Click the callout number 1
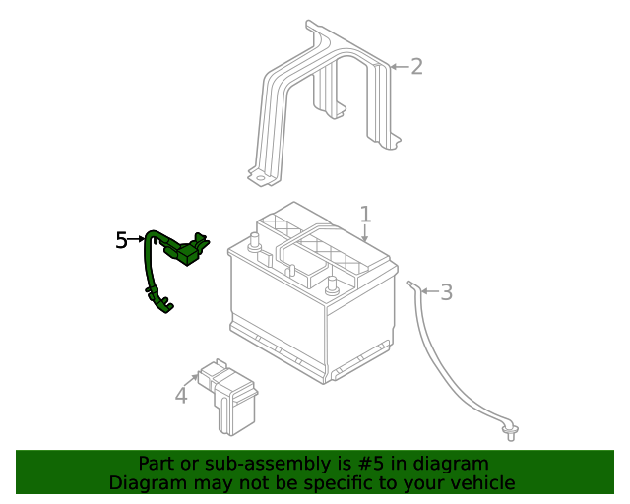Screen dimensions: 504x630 (365, 214)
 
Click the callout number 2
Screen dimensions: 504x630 (416, 66)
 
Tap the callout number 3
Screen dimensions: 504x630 (446, 291)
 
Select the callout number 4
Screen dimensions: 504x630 (180, 395)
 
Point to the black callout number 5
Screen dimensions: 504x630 (121, 239)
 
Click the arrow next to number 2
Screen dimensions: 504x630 (397, 67)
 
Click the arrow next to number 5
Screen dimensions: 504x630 (137, 239)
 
